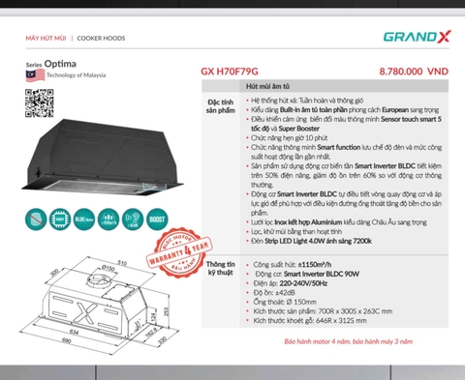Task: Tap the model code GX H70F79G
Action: click(236, 72)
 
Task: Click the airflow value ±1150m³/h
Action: click(313, 264)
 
